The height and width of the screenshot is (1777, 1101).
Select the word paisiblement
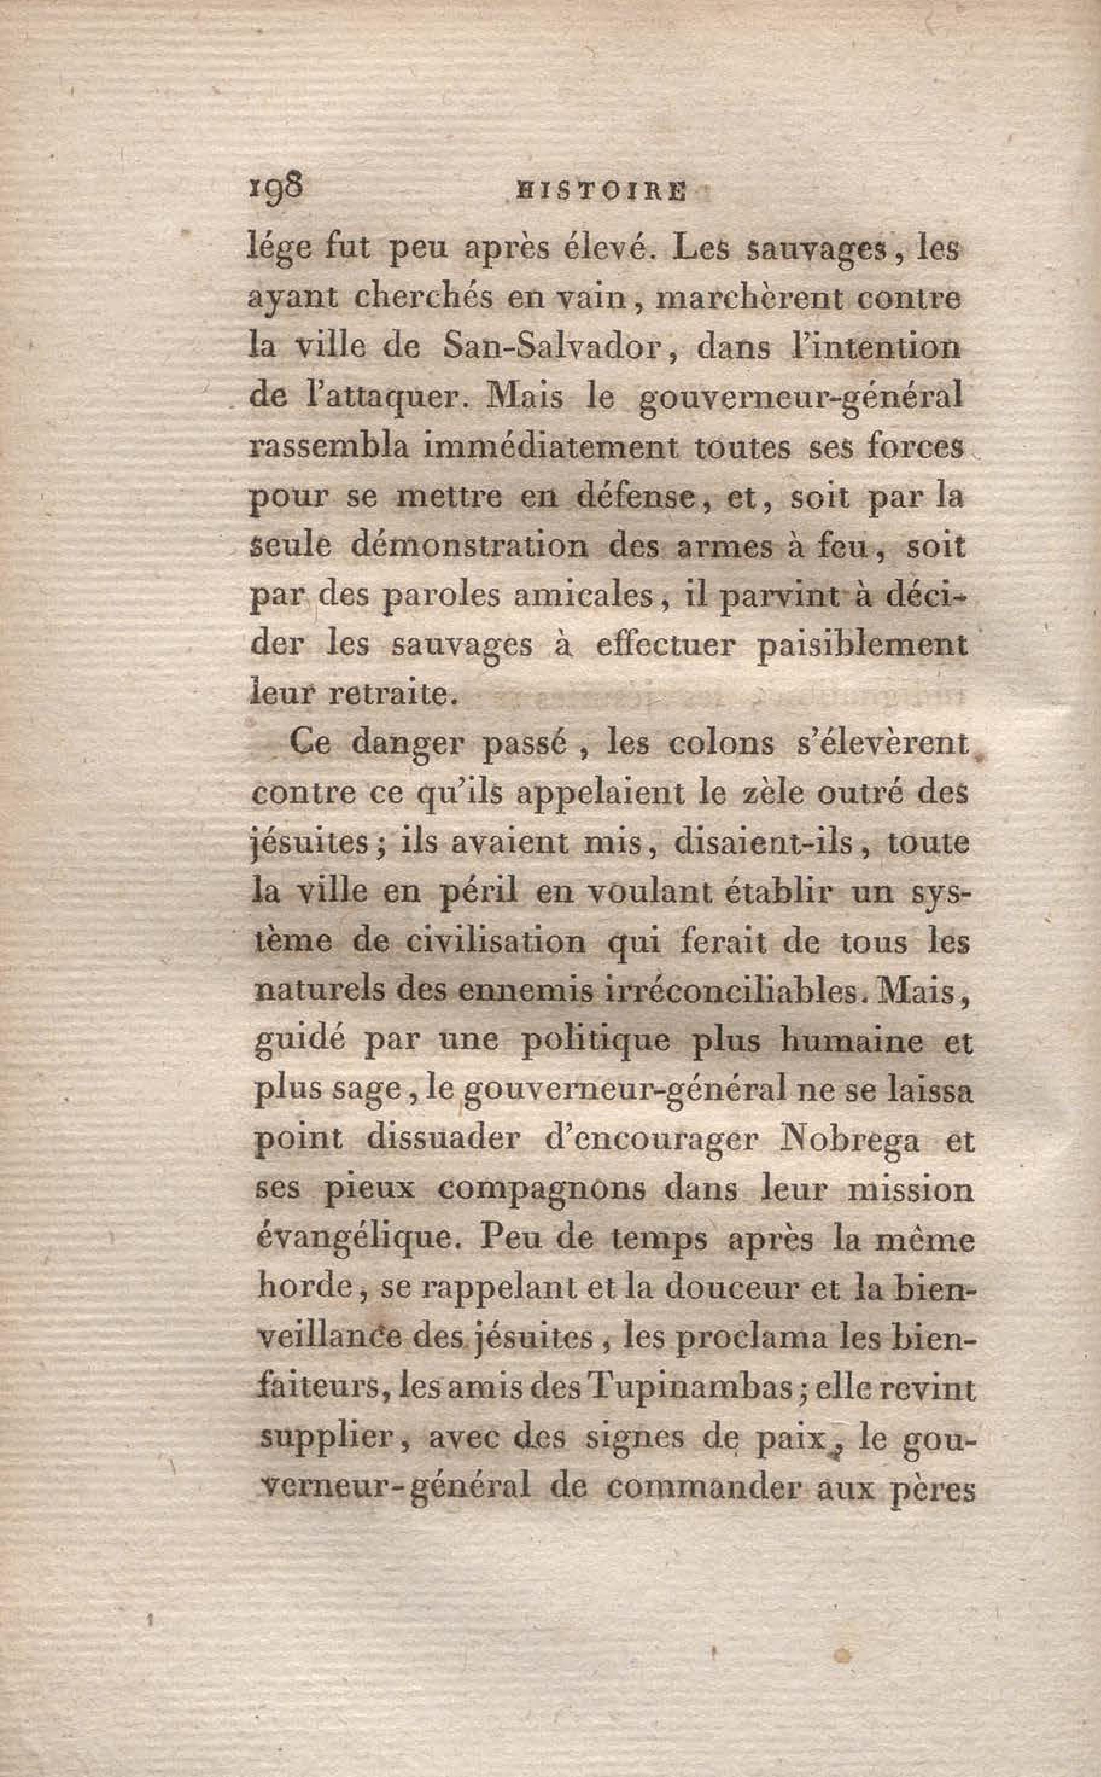pos(862,645)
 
